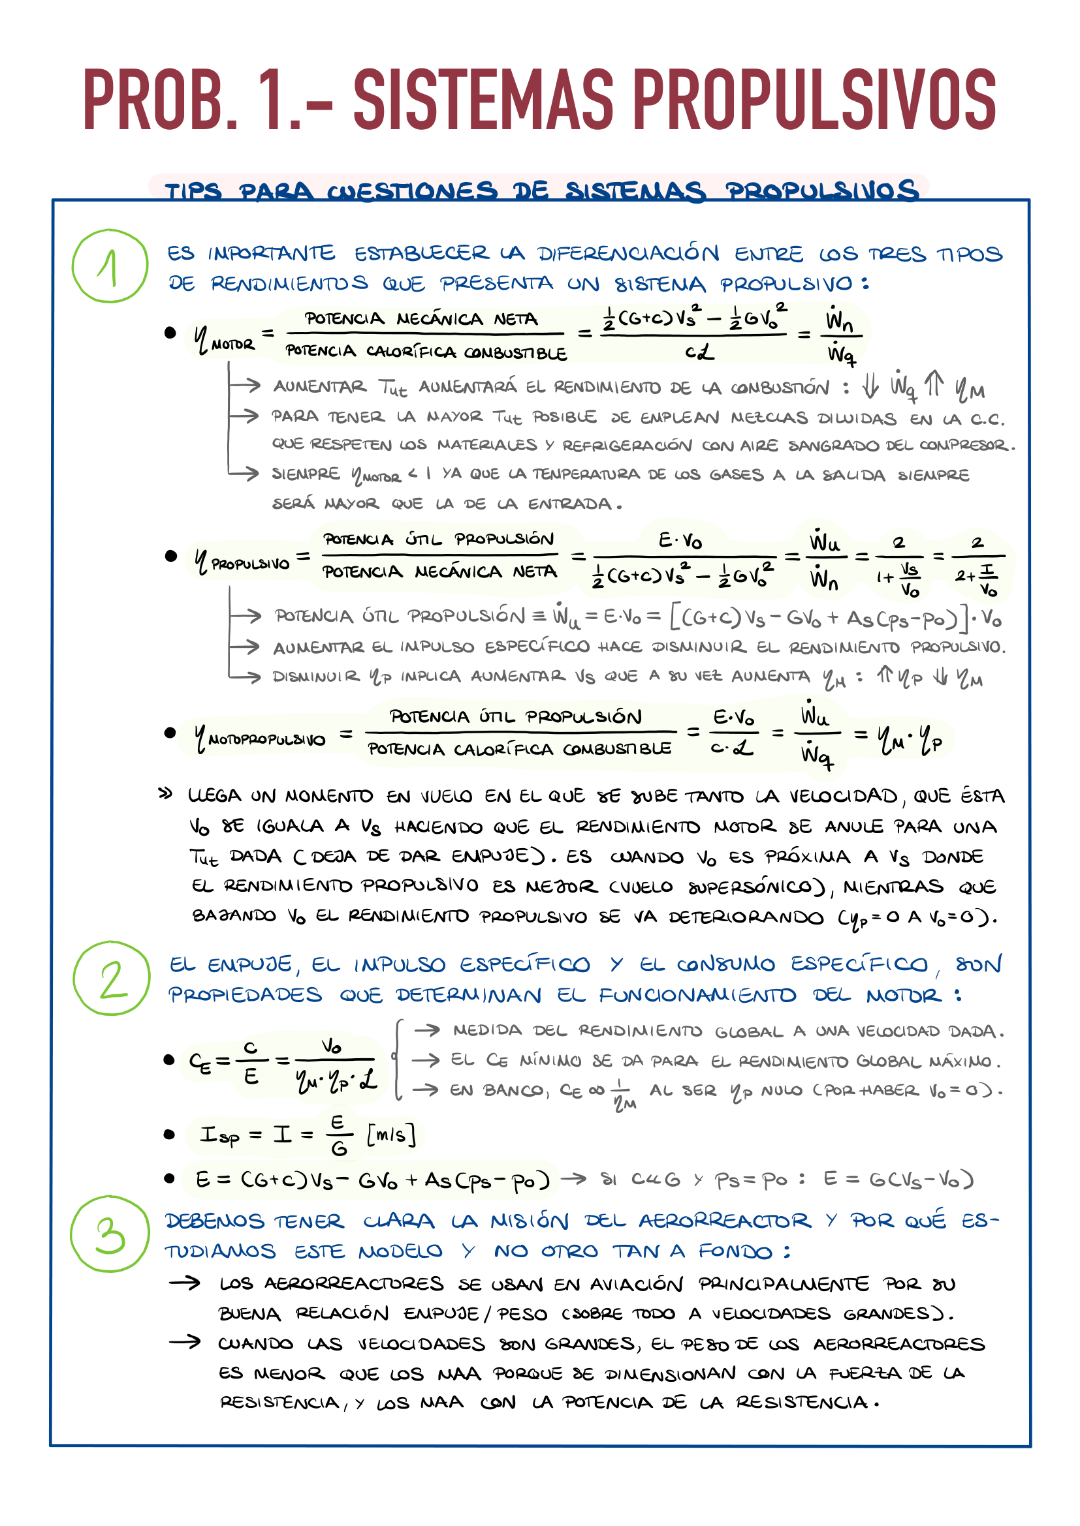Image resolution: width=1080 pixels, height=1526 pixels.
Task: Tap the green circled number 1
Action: [110, 266]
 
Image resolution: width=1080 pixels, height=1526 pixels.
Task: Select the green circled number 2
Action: [112, 979]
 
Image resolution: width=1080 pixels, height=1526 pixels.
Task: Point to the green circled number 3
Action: [110, 1234]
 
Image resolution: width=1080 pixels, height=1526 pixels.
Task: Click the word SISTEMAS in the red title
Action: [483, 100]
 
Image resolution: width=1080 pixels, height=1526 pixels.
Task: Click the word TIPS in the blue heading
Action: [193, 191]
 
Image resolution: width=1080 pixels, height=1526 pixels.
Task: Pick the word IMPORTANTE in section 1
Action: [272, 254]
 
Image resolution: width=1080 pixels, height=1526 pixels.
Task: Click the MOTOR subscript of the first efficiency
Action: [232, 345]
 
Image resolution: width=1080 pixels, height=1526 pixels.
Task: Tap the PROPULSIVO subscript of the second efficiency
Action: [251, 564]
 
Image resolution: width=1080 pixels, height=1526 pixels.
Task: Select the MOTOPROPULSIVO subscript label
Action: [266, 740]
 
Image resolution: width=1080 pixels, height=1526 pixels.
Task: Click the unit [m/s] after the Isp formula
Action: [391, 1135]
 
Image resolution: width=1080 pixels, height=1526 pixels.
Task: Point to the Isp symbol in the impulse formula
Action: [219, 1135]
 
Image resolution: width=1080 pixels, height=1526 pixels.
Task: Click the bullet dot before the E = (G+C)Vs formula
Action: [170, 1178]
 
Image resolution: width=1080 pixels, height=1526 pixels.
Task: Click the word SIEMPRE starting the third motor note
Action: [305, 474]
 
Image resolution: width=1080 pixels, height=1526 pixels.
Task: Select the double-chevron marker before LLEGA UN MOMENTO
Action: [165, 793]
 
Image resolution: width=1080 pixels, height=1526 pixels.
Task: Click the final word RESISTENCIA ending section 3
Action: [801, 1403]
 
